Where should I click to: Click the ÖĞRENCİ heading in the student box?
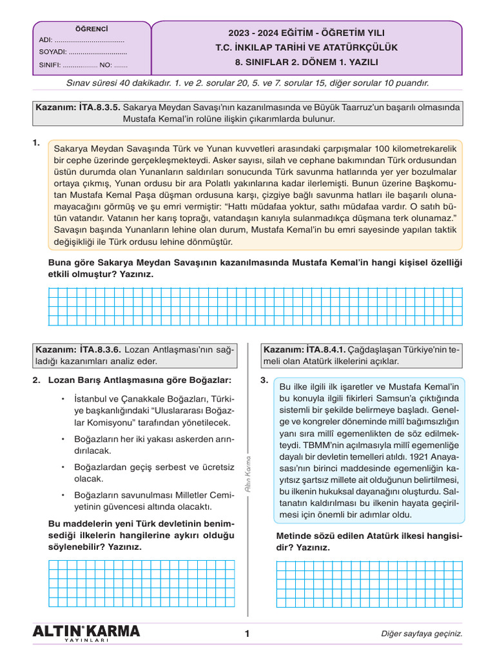(92, 29)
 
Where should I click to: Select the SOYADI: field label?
(53, 52)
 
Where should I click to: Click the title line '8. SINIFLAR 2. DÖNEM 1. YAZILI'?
(306, 63)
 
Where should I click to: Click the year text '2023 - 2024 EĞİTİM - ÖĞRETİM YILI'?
(306, 33)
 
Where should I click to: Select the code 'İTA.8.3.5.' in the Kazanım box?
(99, 108)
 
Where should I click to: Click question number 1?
(36, 143)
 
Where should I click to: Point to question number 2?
(36, 380)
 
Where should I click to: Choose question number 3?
(264, 380)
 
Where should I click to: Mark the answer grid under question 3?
(369, 583)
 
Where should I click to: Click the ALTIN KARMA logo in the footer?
(86, 633)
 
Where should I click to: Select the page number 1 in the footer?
(247, 634)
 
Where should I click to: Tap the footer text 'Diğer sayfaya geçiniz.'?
(422, 634)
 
